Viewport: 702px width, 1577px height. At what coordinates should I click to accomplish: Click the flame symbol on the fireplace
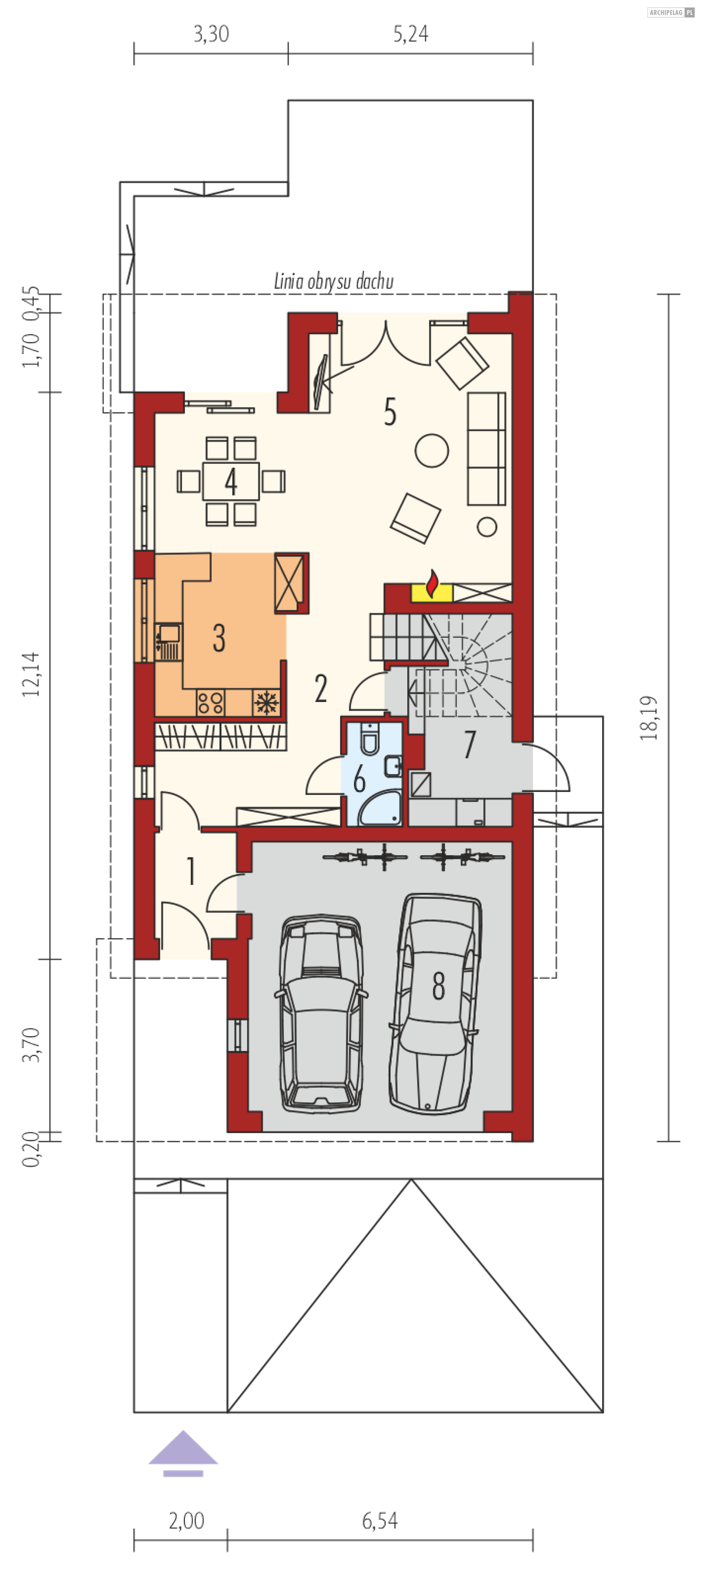coord(432,584)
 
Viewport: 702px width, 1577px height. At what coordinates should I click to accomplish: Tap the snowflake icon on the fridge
coord(266,703)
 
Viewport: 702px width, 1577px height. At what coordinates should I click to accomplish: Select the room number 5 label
coord(390,412)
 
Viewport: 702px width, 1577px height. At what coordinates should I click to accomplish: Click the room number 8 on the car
coord(438,986)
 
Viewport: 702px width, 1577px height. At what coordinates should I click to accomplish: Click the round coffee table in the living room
coord(431,450)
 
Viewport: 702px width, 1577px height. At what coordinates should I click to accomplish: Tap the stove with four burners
coord(210,703)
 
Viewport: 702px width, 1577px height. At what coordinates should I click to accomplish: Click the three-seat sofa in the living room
coord(487,449)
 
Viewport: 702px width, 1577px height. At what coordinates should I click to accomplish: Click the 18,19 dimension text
coord(649,718)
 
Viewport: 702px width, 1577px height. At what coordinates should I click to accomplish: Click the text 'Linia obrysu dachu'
coord(333,282)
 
